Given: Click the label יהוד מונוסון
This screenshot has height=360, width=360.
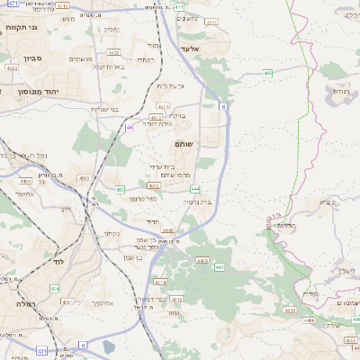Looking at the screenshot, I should click(40, 91).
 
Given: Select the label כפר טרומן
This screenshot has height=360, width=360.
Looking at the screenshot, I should click(145, 197).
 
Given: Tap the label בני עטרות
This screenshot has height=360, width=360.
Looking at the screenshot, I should click(106, 109).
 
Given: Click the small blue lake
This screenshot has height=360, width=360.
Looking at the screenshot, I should click(109, 346).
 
